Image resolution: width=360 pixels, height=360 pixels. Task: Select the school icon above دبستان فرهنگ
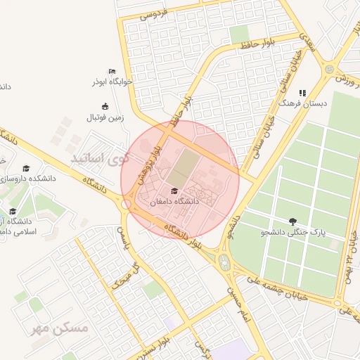click(x=303, y=93)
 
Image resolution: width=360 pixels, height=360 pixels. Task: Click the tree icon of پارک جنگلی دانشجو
click(x=293, y=221)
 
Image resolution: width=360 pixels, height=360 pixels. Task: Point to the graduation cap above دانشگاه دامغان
click(x=174, y=191)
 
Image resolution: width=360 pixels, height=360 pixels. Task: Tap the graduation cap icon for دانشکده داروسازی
click(x=27, y=169)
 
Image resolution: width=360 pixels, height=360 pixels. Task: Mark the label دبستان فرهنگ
click(x=303, y=103)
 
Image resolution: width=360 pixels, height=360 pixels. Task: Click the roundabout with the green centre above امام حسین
click(x=224, y=264)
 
